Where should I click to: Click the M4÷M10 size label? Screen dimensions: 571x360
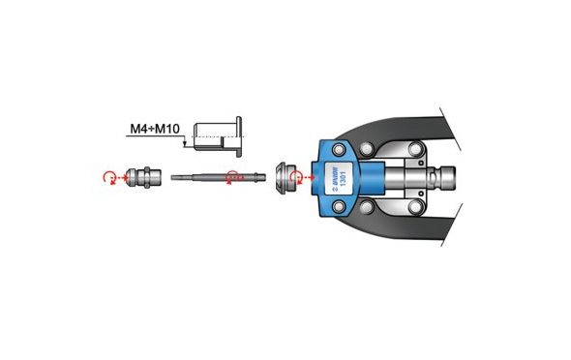pos(155,129)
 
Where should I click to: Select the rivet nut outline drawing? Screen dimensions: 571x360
pos(218,136)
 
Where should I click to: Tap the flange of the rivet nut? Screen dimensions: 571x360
pos(238,136)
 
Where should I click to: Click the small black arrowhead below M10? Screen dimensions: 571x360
pos(185,145)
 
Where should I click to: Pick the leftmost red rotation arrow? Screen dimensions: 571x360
pos(108,178)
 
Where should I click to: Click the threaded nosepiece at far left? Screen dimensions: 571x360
pos(143,177)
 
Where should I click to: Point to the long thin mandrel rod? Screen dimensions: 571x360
pos(219,178)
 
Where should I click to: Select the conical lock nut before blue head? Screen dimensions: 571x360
pos(285,178)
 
